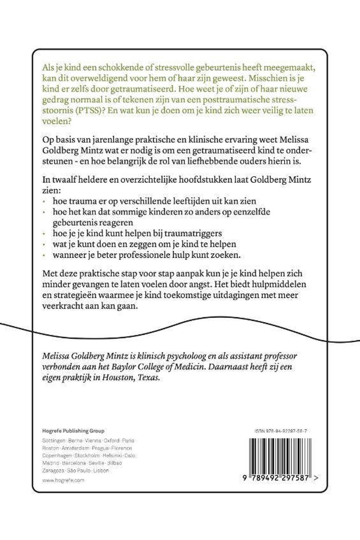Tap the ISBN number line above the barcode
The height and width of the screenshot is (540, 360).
click(278, 431)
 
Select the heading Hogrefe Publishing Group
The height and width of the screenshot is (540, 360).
click(73, 431)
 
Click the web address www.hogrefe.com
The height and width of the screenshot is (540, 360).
click(63, 480)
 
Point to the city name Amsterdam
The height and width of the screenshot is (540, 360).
click(76, 448)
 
